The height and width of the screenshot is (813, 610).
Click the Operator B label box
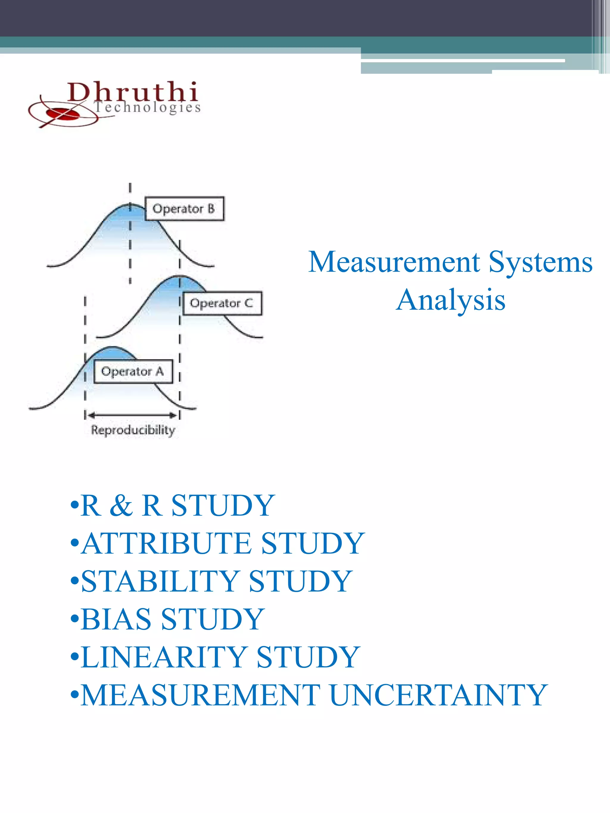point(184,209)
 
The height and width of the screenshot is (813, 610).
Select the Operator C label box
point(222,303)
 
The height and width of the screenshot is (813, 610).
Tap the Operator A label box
point(133,371)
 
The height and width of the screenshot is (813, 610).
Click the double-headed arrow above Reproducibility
point(132,415)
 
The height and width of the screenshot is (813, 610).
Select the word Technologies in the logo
point(147,107)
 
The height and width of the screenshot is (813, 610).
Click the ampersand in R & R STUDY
point(121,505)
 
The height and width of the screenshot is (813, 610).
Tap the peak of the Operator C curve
point(179,276)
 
